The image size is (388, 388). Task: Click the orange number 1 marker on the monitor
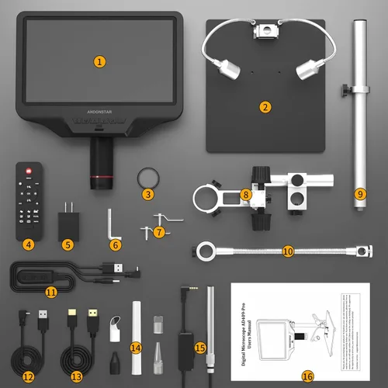point(99,61)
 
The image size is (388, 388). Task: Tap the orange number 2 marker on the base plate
point(265,107)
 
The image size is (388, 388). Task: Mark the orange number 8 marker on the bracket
point(245,194)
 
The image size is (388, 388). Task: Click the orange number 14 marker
point(136,347)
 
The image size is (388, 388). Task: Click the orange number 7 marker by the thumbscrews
point(158,231)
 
